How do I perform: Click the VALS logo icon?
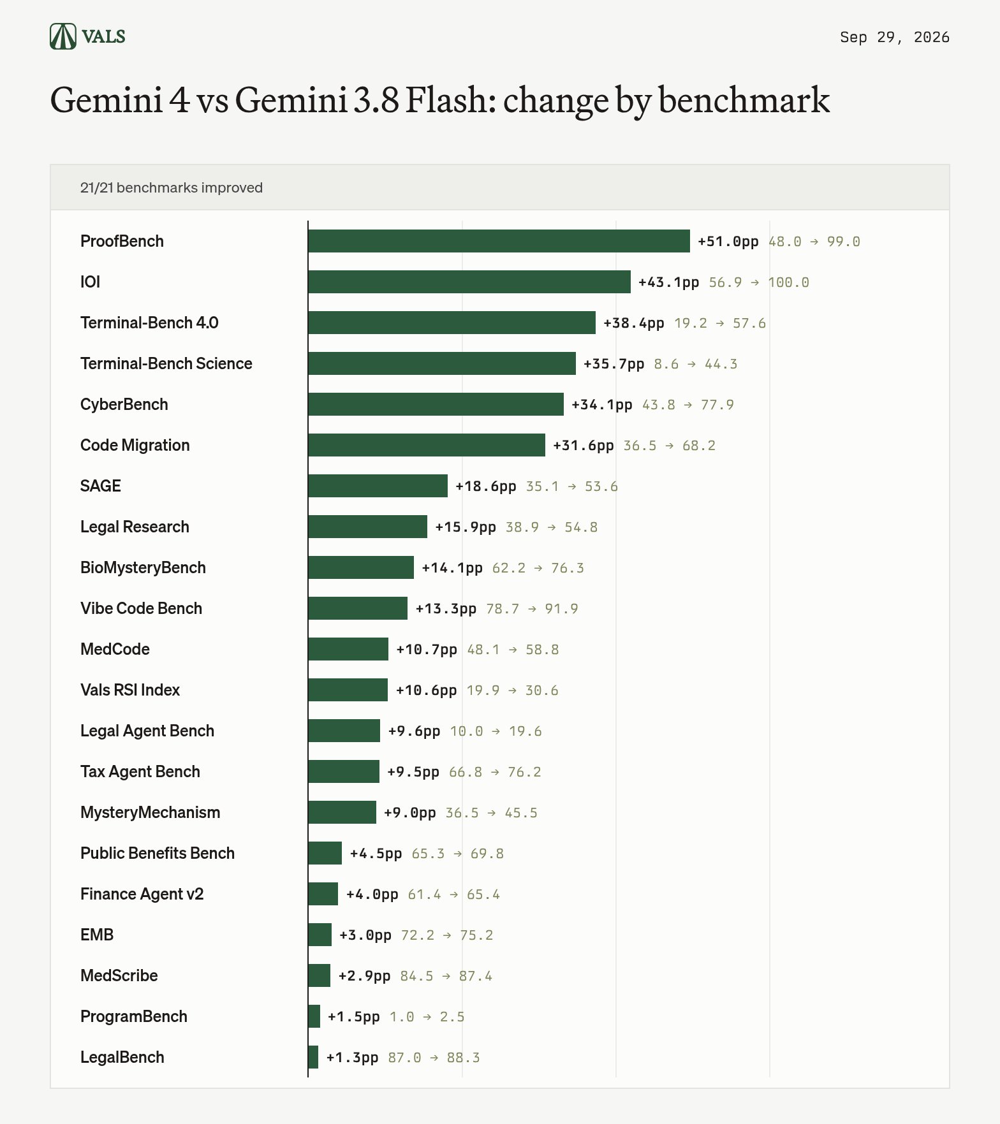[x=63, y=36]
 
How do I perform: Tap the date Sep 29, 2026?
[x=894, y=37]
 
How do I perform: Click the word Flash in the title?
[x=451, y=99]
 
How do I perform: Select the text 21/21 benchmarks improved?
[x=172, y=187]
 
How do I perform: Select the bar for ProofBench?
[x=499, y=241]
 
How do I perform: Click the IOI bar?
[x=469, y=282]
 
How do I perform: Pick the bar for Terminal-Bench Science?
[x=442, y=363]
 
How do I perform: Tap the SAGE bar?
[x=378, y=486]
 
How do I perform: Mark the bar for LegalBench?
[x=313, y=1057]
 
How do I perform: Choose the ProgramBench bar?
[x=314, y=1016]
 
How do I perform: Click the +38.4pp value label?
[x=634, y=323]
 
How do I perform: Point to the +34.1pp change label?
[x=602, y=405]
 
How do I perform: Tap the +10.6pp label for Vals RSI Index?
[x=426, y=690]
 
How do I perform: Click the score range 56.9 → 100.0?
[x=759, y=282]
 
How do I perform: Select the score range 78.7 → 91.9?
[x=532, y=609]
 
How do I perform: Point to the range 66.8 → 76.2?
[x=495, y=772]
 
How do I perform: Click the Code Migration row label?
[x=135, y=445]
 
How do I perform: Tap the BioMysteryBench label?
[x=143, y=567]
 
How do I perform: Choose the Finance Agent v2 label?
[x=142, y=894]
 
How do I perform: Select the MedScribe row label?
[x=119, y=975]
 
